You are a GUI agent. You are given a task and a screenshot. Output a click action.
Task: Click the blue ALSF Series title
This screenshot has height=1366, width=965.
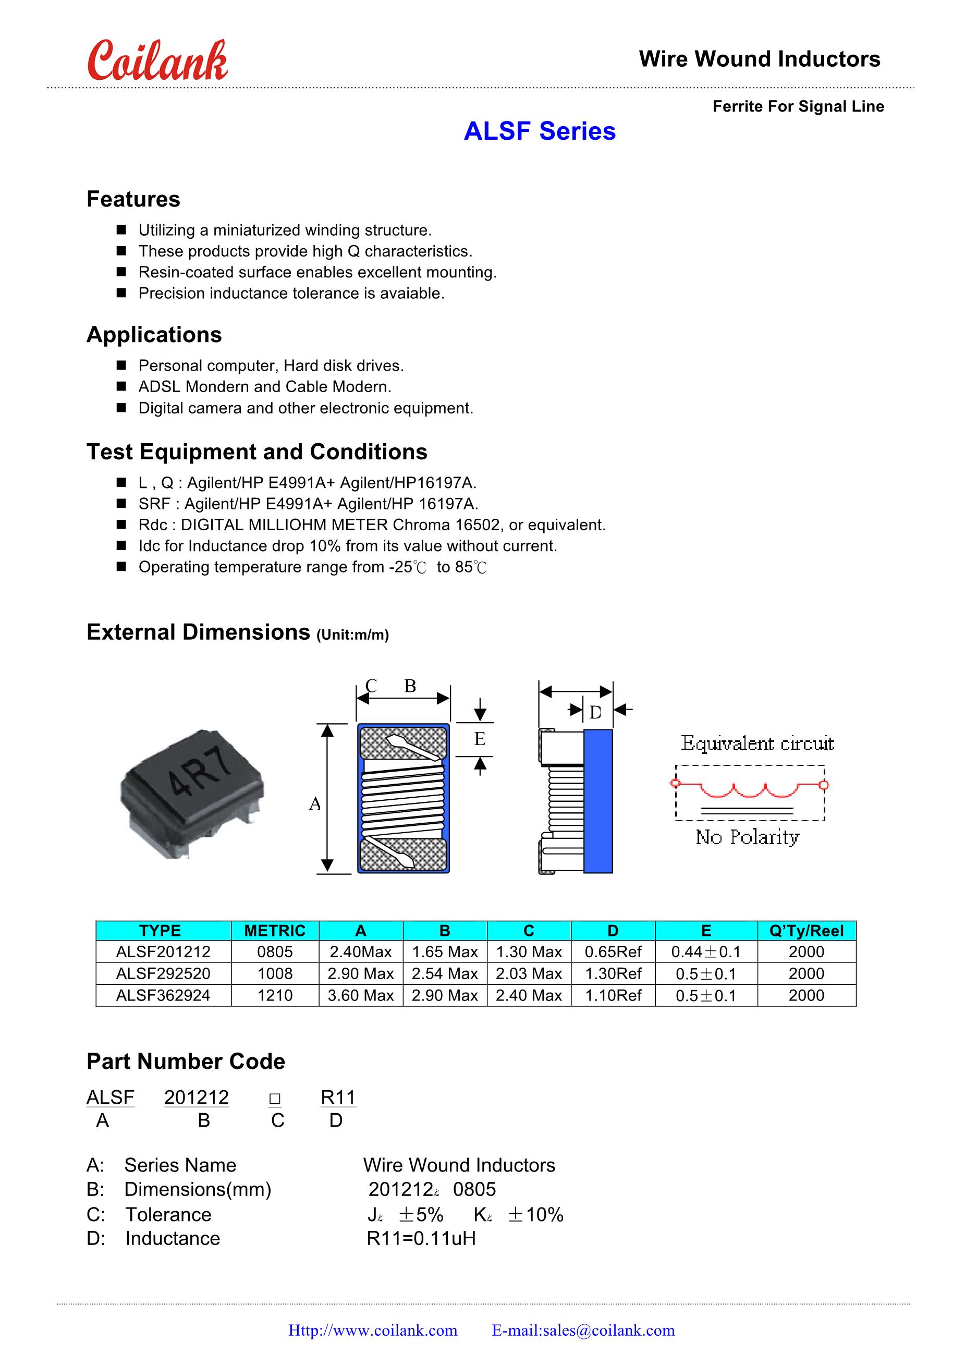tap(539, 131)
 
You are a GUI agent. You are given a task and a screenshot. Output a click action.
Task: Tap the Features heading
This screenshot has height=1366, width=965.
tap(133, 199)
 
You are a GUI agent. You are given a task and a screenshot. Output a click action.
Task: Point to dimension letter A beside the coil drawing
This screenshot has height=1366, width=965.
tap(315, 804)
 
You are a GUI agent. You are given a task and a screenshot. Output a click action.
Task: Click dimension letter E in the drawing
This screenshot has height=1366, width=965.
tap(480, 739)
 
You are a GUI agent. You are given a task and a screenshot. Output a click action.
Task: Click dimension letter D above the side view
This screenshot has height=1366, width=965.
tap(595, 712)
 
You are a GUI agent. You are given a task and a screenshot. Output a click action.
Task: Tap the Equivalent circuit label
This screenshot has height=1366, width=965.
tap(757, 743)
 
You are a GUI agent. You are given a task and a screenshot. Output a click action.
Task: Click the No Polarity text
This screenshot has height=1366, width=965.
tap(747, 837)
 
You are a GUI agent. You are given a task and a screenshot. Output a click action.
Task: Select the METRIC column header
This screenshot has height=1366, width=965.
tap(275, 931)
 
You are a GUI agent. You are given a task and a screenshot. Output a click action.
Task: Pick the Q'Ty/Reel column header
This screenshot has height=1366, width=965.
tap(806, 931)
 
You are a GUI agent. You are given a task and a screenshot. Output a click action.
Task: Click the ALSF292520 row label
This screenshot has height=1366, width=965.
tap(163, 973)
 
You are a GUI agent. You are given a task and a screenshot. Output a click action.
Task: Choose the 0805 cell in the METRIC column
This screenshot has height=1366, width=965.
tap(275, 952)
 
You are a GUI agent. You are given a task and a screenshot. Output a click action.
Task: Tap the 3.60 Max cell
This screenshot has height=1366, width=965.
tap(361, 995)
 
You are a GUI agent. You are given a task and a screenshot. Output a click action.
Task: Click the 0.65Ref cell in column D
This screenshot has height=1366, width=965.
tap(613, 952)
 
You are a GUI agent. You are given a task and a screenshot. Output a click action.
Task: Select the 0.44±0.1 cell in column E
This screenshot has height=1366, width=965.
tap(705, 952)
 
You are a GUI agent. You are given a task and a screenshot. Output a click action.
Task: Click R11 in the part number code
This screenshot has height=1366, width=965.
tap(338, 1097)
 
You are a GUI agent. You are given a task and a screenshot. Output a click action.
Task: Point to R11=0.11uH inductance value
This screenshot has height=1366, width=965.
tap(421, 1238)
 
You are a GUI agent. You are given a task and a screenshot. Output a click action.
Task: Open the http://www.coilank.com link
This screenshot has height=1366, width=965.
tap(373, 1331)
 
